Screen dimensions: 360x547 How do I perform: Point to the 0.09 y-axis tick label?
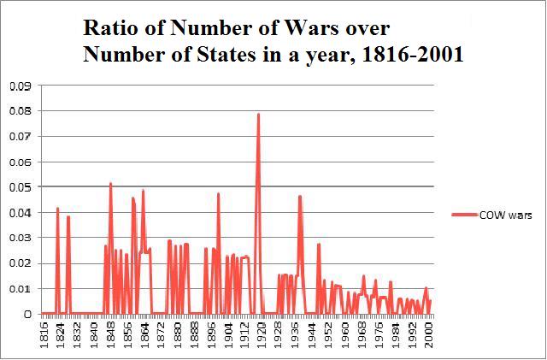(20, 86)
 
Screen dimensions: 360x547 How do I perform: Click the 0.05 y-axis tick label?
(20, 187)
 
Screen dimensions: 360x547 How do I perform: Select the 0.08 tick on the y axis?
(20, 111)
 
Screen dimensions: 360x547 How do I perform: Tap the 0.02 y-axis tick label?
(20, 263)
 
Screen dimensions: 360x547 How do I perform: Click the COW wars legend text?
(508, 216)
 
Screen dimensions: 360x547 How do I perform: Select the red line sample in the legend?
(466, 216)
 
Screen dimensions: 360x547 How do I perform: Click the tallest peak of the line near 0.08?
(258, 114)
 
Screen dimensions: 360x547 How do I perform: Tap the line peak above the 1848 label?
(110, 184)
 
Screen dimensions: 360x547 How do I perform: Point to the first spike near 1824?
(57, 208)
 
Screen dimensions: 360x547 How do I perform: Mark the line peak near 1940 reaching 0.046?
(300, 197)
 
